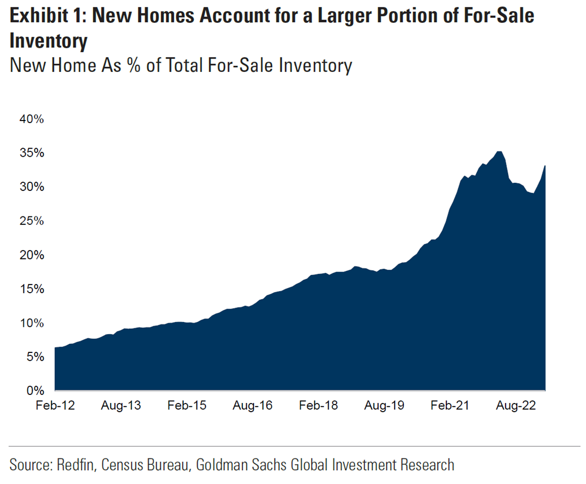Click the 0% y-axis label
coord(35,391)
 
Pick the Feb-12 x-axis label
coord(55,406)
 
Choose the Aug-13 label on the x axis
coord(121,406)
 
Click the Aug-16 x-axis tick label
coord(253,406)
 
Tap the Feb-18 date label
coord(319,406)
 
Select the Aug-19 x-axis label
coord(384,406)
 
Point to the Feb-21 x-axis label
coord(450,406)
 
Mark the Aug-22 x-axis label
coord(516,406)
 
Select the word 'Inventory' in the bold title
coord(48,42)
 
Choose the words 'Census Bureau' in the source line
coord(146,464)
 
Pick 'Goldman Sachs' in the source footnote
coord(241,464)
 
